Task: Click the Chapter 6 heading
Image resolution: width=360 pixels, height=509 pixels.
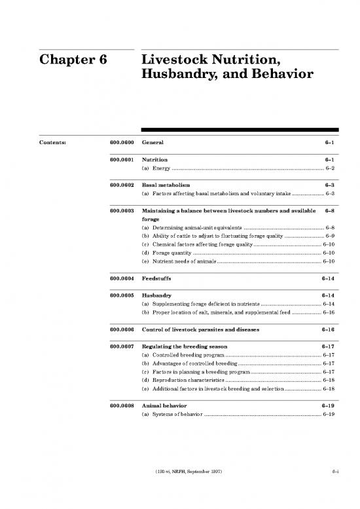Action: (73, 62)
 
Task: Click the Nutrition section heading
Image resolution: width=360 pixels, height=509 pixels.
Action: (154, 160)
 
